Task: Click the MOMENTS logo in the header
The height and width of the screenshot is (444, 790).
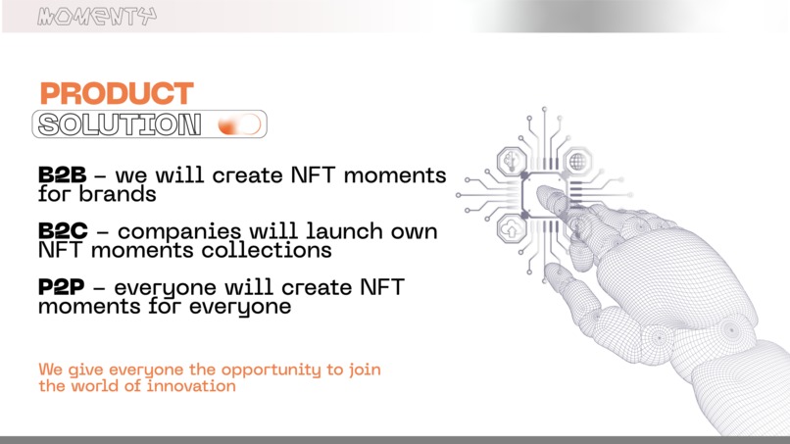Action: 96,16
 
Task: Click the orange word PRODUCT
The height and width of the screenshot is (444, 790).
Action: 117,94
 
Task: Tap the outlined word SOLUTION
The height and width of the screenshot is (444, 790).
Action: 119,124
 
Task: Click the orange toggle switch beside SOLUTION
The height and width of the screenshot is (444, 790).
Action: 239,124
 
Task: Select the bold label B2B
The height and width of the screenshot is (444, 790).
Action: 63,175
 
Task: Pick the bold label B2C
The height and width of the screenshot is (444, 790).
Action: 63,232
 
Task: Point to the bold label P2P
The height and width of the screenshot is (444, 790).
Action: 63,288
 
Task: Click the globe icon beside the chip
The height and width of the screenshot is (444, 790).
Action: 577,161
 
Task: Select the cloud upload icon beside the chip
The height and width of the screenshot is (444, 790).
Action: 512,230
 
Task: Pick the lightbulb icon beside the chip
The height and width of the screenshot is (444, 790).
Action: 512,161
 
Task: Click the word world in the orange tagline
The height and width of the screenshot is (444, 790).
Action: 95,386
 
